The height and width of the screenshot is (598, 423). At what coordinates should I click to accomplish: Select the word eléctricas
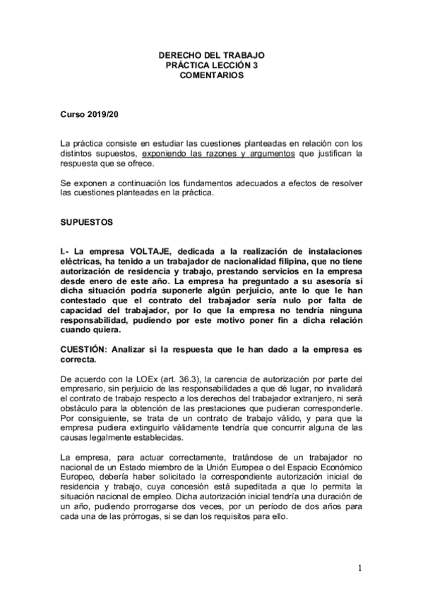click(83, 262)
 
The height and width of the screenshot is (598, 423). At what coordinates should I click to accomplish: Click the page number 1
click(359, 568)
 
